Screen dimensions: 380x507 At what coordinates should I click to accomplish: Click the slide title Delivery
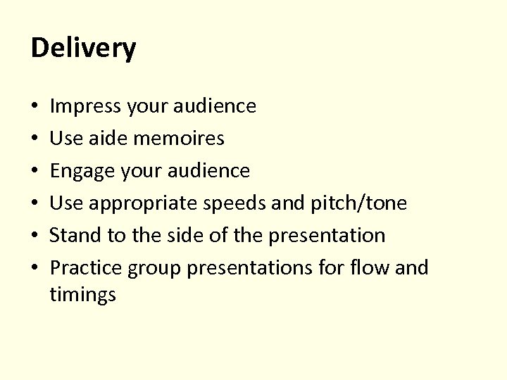pos(84,49)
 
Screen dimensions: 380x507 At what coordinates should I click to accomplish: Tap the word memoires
pos(180,139)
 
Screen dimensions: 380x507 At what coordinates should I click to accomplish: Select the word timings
pos(82,295)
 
